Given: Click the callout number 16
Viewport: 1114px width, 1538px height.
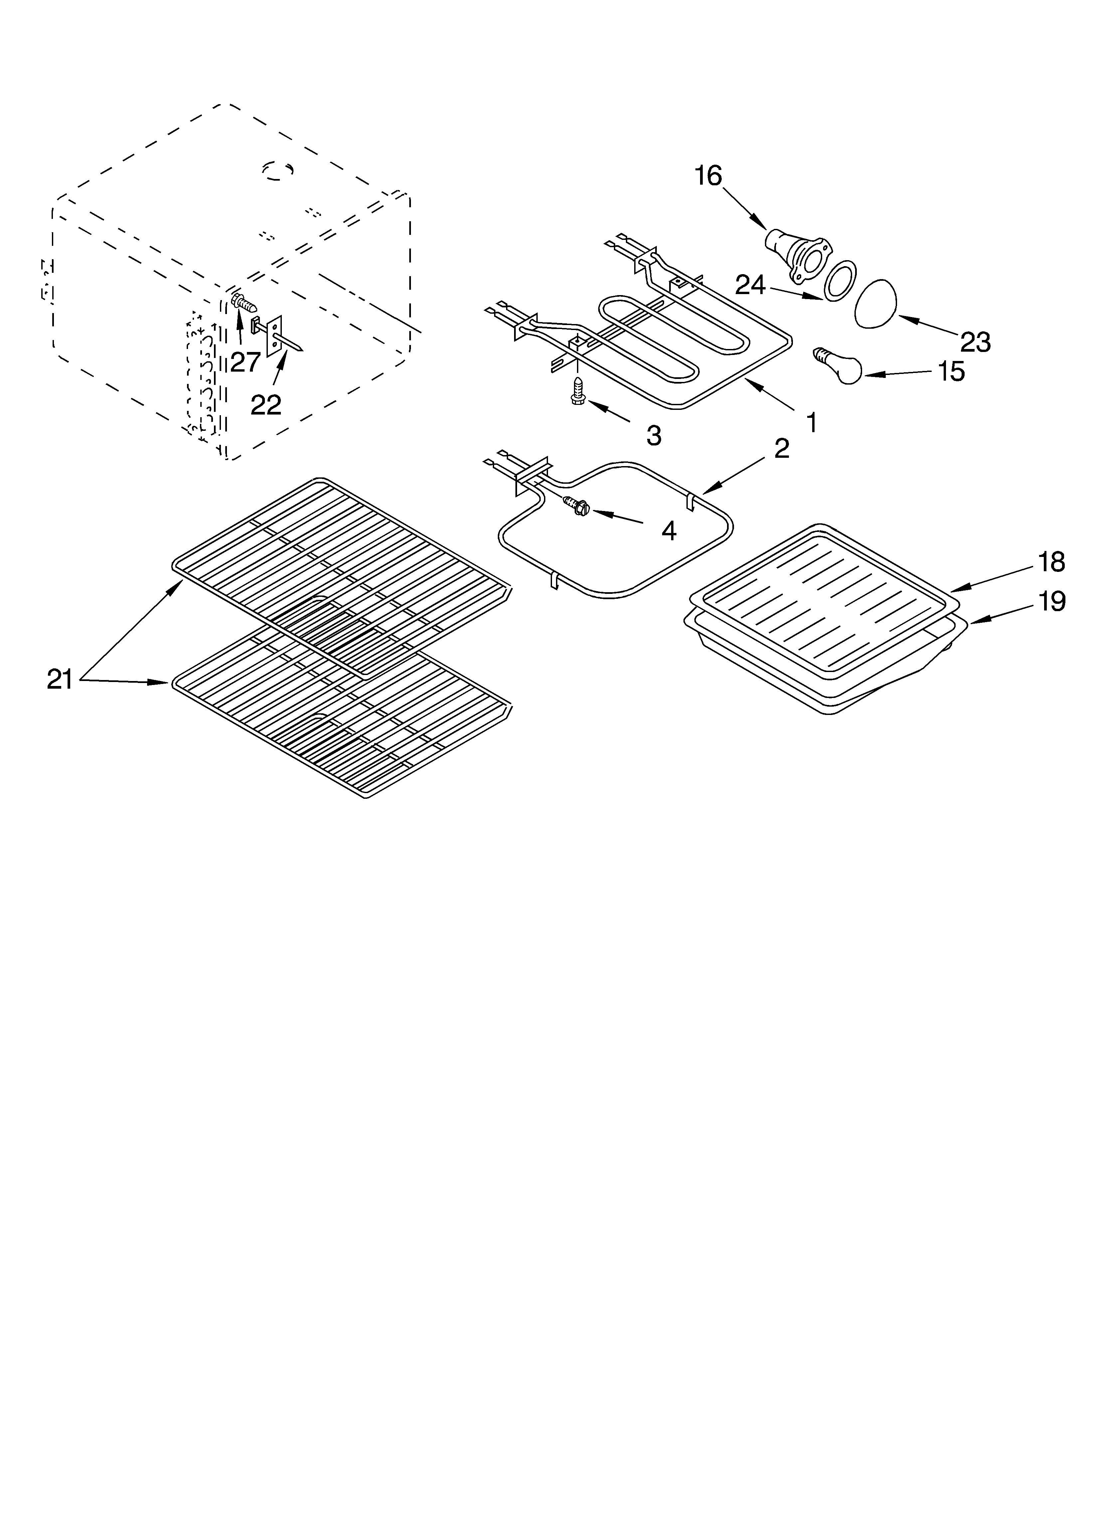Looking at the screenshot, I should tap(708, 176).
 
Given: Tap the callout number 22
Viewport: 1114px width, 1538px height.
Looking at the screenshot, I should tap(266, 405).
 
